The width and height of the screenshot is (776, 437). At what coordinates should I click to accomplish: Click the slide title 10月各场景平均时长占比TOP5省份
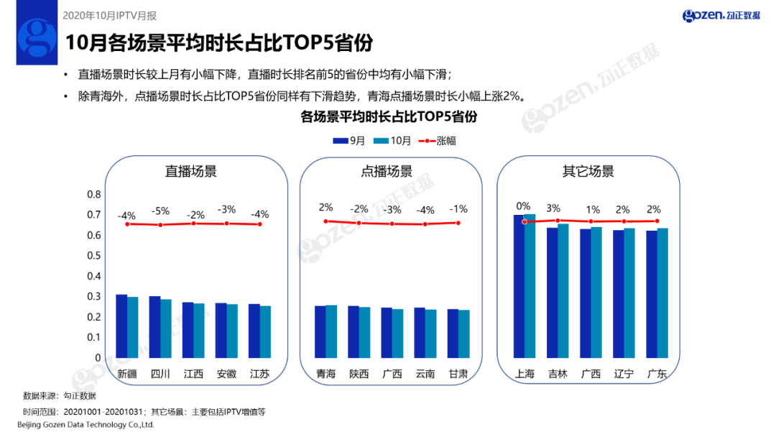click(219, 42)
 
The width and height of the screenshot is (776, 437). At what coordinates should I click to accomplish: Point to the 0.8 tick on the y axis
click(94, 195)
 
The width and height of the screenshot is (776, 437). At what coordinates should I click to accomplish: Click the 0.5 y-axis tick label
click(94, 256)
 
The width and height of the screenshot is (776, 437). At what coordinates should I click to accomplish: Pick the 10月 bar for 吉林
click(563, 290)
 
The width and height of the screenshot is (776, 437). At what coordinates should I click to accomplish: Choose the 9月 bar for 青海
click(320, 331)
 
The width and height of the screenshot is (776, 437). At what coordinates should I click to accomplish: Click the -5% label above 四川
click(160, 211)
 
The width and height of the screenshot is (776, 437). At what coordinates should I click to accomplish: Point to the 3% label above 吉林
click(553, 208)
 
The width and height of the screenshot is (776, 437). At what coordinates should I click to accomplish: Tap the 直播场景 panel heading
click(190, 172)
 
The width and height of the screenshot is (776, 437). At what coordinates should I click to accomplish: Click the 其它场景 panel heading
click(588, 172)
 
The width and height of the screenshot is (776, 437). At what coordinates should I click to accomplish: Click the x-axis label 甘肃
click(458, 374)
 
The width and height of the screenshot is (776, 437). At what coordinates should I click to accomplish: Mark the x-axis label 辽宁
click(623, 374)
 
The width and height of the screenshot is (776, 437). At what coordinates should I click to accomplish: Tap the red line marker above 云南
click(425, 224)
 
